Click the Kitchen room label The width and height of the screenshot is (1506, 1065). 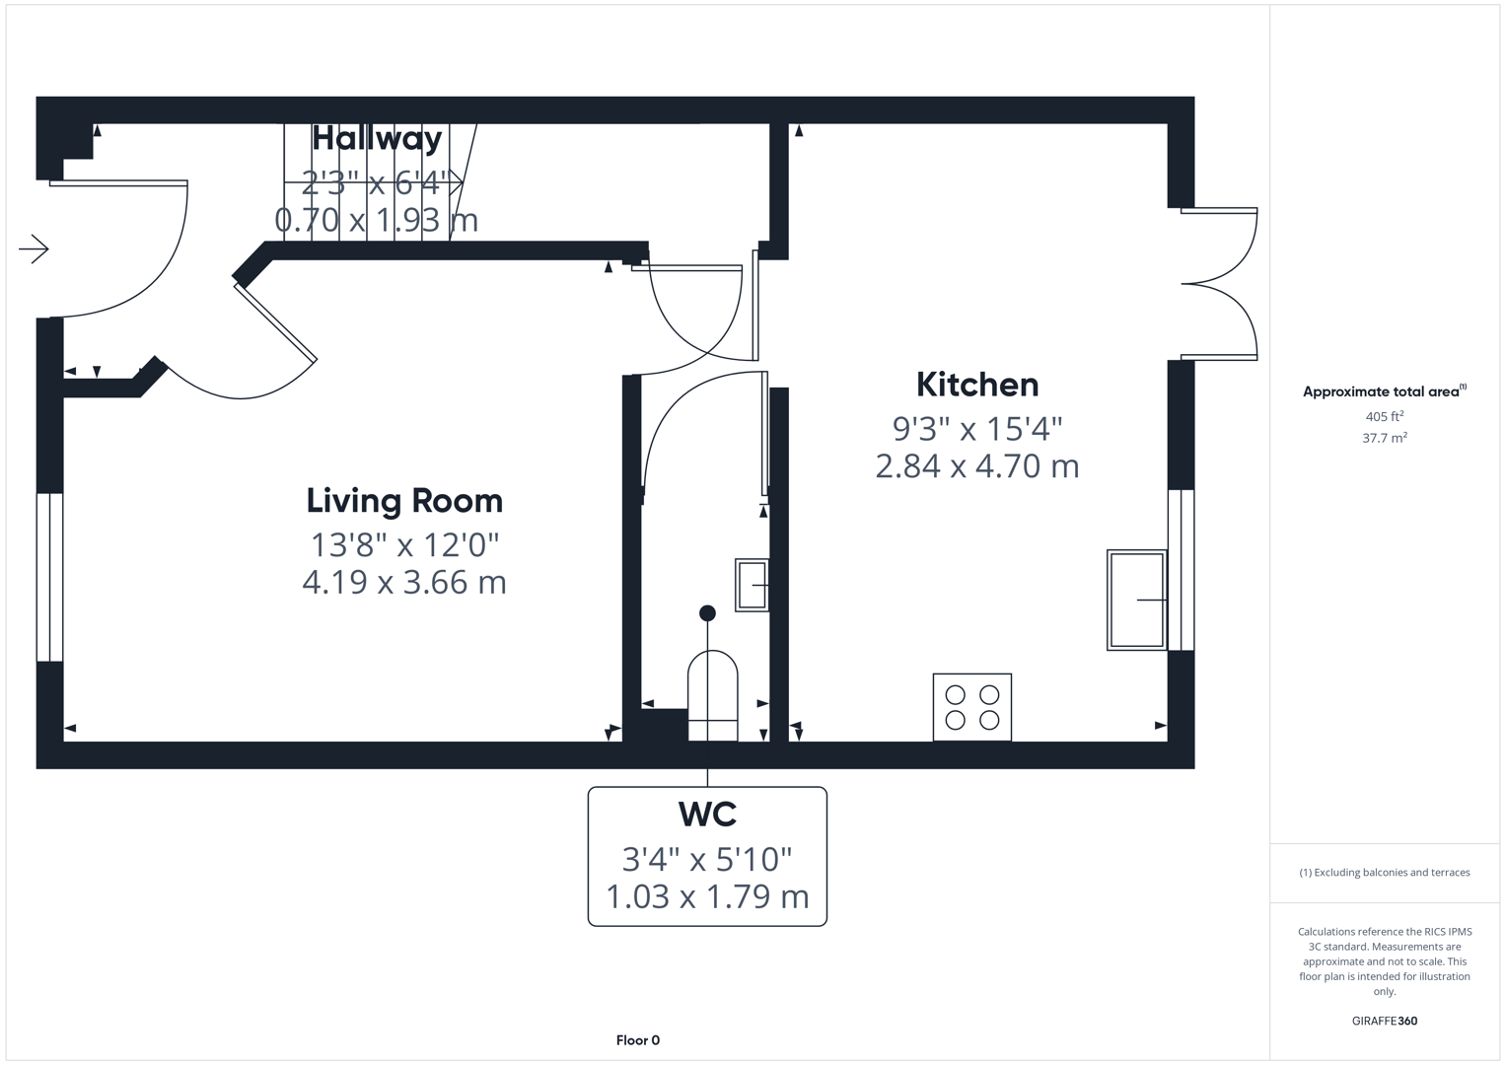tap(976, 385)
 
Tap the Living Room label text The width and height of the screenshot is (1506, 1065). tap(404, 501)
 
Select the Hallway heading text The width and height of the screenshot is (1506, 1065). tap(377, 138)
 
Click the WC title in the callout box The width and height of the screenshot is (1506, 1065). tap(707, 815)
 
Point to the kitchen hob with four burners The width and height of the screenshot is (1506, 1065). tap(971, 707)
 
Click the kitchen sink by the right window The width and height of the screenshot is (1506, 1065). tap(1136, 600)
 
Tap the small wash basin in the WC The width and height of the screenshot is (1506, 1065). tap(752, 585)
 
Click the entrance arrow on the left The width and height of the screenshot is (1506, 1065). tap(34, 249)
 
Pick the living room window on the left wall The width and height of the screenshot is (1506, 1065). tap(49, 577)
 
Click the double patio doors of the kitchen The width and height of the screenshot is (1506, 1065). tap(1221, 284)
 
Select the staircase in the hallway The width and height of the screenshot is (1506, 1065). tap(375, 181)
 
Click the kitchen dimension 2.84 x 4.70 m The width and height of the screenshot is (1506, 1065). tap(976, 465)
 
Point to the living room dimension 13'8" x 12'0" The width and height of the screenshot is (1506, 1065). tap(404, 544)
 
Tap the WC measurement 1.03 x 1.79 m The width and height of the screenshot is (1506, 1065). tap(707, 897)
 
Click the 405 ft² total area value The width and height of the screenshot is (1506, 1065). tap(1384, 417)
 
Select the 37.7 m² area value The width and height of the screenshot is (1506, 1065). tap(1384, 438)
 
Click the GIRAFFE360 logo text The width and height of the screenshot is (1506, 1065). tap(1384, 1021)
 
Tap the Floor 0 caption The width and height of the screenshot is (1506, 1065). tap(637, 1040)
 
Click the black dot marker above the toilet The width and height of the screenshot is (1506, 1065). tap(707, 613)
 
